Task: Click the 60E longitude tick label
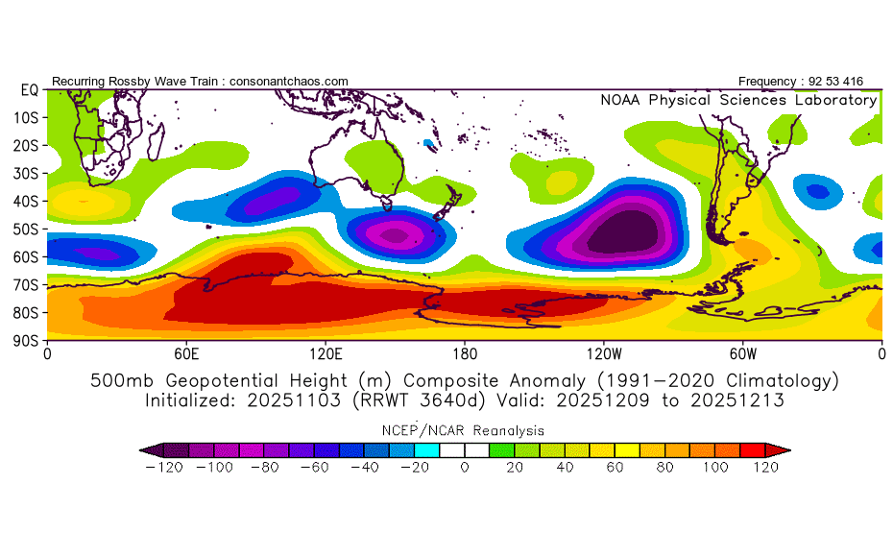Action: click(x=186, y=354)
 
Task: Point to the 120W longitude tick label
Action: click(x=604, y=354)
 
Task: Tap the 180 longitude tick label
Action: click(x=465, y=354)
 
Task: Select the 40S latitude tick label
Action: click(x=26, y=202)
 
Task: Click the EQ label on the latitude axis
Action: click(x=30, y=90)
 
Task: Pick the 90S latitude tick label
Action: click(x=26, y=341)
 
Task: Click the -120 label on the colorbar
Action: click(x=164, y=468)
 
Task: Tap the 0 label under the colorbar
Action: click(x=465, y=468)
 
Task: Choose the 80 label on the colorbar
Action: click(x=664, y=468)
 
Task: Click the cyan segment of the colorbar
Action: click(x=427, y=450)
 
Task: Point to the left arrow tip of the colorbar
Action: click(x=140, y=450)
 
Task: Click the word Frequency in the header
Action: click(x=766, y=82)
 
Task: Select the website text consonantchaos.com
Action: click(x=289, y=82)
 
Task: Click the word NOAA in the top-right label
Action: click(x=620, y=100)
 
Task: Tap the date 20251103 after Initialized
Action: click(x=294, y=400)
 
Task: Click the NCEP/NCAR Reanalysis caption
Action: click(x=463, y=430)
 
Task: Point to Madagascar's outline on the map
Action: click(x=156, y=141)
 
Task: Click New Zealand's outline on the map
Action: click(x=448, y=203)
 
